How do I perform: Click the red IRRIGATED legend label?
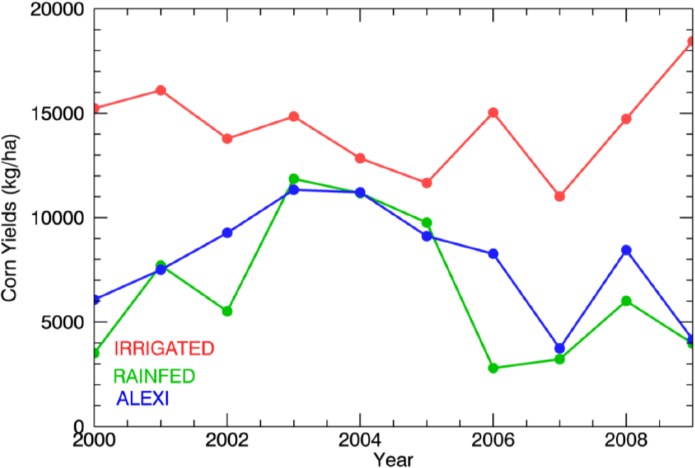(164, 348)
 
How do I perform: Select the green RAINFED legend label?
(154, 376)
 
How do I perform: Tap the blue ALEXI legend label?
(142, 399)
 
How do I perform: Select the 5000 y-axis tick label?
(62, 322)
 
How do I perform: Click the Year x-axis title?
(394, 459)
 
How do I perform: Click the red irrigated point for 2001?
(161, 90)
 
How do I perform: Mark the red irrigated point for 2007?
(560, 196)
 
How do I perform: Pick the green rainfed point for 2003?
(294, 179)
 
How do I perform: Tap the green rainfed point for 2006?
(493, 368)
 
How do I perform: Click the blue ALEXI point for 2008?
(626, 250)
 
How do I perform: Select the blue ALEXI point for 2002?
(227, 233)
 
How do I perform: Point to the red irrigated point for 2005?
(426, 183)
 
